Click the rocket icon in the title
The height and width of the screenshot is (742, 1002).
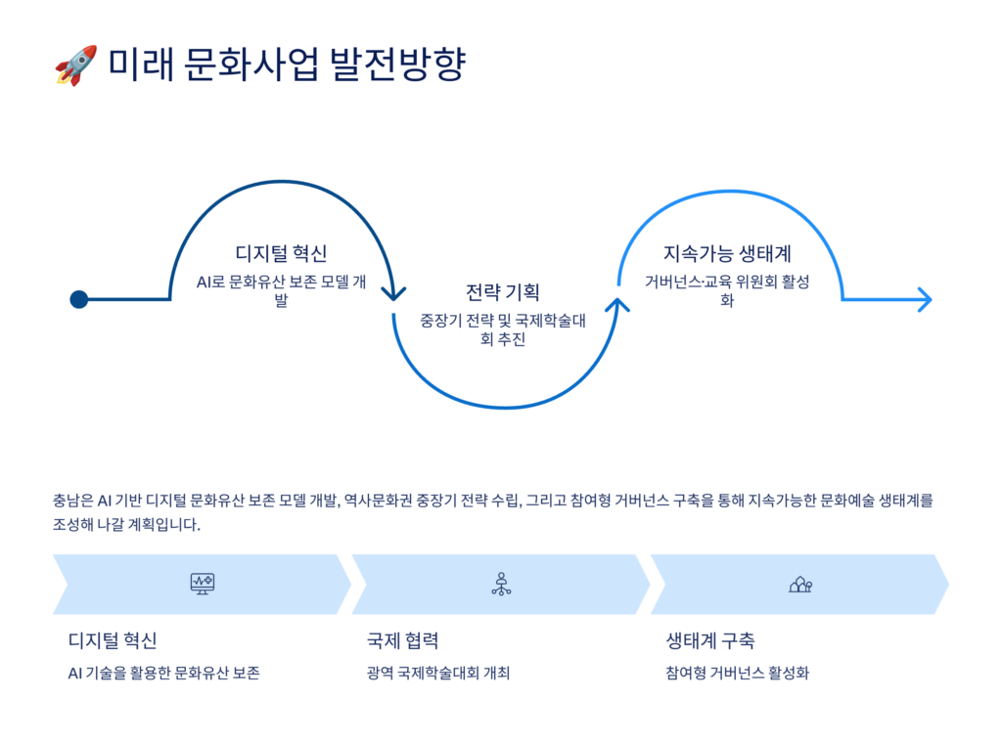click(75, 65)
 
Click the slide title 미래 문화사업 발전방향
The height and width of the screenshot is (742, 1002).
click(286, 65)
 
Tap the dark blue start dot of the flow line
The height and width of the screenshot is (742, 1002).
click(79, 299)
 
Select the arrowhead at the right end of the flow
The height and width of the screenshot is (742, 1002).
click(923, 299)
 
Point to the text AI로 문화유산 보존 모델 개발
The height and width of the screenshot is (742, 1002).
click(281, 290)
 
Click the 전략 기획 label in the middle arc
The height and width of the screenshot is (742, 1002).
click(502, 292)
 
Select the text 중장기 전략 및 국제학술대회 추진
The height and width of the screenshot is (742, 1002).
click(502, 329)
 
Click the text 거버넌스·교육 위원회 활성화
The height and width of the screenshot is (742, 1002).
click(727, 290)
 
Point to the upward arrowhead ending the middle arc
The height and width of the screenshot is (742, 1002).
click(617, 306)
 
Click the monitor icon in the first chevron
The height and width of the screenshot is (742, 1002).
click(203, 585)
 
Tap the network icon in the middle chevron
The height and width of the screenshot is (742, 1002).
click(501, 585)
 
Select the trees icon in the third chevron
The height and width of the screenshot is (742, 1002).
click(800, 585)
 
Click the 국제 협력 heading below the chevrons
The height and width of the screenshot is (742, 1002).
click(402, 641)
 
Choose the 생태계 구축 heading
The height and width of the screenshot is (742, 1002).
click(710, 641)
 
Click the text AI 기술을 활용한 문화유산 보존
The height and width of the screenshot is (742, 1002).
click(164, 674)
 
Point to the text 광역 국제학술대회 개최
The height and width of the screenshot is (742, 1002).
click(438, 674)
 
